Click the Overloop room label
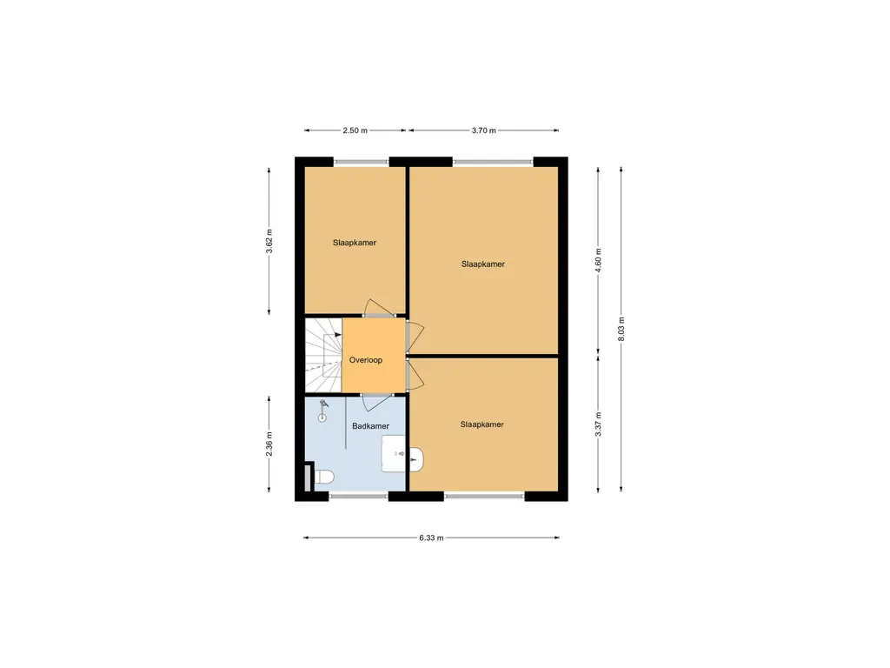(366, 359)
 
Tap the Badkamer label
(370, 426)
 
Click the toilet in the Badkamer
(324, 477)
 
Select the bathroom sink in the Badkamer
(395, 453)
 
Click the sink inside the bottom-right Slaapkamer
(416, 458)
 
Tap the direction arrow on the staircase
(336, 335)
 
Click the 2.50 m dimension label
(355, 130)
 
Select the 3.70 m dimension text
(483, 130)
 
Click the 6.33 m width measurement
(431, 538)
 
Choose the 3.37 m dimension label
(598, 424)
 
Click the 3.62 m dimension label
(269, 239)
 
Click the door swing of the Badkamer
(375, 400)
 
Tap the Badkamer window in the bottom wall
(358, 497)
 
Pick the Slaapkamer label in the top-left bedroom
(355, 243)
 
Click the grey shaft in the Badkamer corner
(308, 479)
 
